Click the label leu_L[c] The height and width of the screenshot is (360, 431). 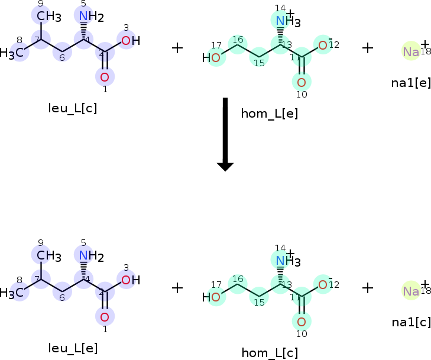tap(73, 108)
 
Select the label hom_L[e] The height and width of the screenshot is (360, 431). tap(269, 113)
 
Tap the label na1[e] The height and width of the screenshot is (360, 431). tap(411, 82)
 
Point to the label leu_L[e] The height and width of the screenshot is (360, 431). tap(73, 348)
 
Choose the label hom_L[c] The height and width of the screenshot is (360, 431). tap(270, 353)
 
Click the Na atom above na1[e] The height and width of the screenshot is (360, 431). tap(411, 52)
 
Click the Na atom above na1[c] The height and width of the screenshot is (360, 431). tap(411, 291)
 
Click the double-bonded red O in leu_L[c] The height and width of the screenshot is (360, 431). tap(105, 77)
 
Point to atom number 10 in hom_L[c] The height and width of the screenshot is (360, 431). tap(302, 322)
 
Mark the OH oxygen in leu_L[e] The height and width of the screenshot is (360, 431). tap(126, 280)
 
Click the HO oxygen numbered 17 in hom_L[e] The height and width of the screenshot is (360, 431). tap(216, 57)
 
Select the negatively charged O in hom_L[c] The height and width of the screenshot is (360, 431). tap(323, 285)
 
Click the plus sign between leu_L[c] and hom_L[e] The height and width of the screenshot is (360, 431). tap(177, 48)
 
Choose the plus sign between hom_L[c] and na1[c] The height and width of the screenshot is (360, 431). tap(368, 287)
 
